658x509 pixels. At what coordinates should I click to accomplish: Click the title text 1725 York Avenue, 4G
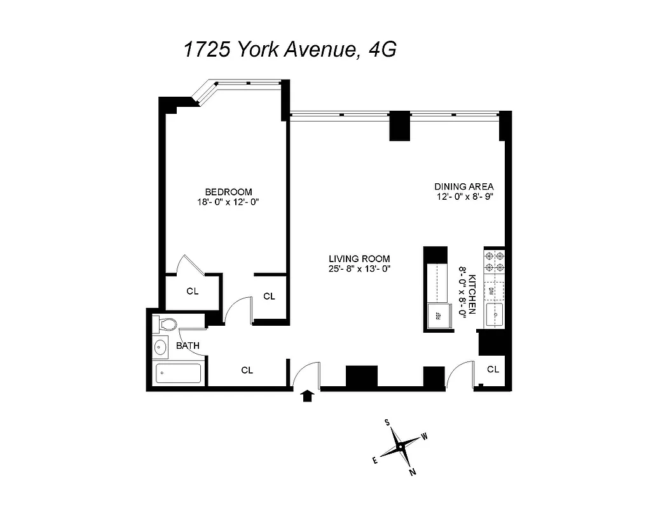(x=290, y=50)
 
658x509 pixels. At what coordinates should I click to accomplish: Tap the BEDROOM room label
(x=228, y=192)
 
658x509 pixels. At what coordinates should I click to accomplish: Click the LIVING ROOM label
(x=359, y=258)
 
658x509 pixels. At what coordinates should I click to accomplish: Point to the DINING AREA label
(x=464, y=186)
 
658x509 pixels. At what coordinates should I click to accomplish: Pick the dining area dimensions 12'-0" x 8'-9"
(x=464, y=197)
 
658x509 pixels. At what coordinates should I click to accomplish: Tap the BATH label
(x=188, y=346)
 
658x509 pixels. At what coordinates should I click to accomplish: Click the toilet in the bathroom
(x=167, y=324)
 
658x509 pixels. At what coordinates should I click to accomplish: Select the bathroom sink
(x=161, y=347)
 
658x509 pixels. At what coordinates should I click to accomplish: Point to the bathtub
(x=178, y=373)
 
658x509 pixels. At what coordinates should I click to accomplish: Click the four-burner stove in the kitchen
(x=495, y=261)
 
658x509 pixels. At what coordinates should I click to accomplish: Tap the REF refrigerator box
(x=437, y=314)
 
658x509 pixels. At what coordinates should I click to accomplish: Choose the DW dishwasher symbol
(x=493, y=291)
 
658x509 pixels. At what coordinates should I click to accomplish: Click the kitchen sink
(x=495, y=314)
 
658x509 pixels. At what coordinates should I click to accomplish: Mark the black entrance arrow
(x=308, y=396)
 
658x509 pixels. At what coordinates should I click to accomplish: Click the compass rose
(x=400, y=447)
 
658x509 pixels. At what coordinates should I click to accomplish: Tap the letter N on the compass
(x=413, y=471)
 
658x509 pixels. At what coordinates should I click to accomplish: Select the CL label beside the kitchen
(x=493, y=369)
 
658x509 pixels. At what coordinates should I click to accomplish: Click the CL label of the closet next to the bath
(x=247, y=370)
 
